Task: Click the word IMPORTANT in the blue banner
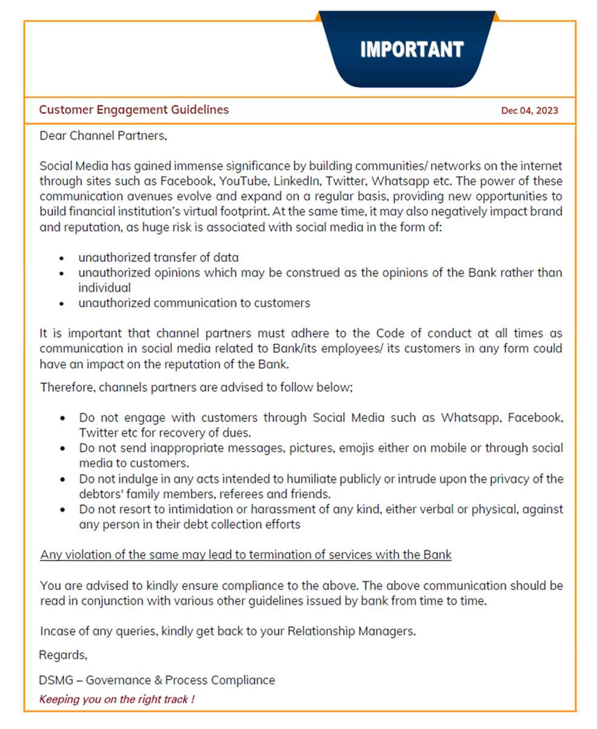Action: (412, 49)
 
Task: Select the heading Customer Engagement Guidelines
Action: (134, 110)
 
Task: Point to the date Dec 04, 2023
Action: (529, 110)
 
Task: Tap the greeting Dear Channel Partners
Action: (102, 136)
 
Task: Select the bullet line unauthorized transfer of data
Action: (158, 257)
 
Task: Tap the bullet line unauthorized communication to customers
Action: (194, 303)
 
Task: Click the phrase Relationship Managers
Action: (351, 631)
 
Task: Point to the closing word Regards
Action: (63, 655)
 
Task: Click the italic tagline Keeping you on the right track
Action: (116, 699)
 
